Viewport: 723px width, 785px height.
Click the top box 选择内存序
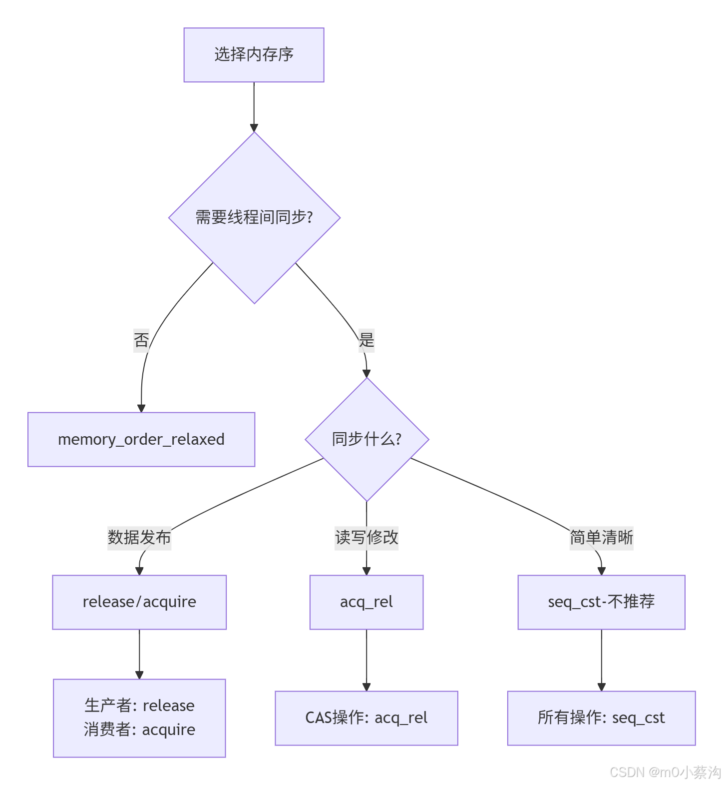[x=254, y=54]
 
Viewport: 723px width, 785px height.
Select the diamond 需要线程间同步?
[x=254, y=217]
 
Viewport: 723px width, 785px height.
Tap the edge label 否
[x=141, y=340]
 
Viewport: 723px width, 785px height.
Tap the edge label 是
[x=366, y=340]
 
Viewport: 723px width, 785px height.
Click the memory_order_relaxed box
[x=141, y=439]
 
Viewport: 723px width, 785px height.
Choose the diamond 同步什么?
[x=366, y=439]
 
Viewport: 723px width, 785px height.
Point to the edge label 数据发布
[x=139, y=538]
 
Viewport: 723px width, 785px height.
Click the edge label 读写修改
[x=366, y=538]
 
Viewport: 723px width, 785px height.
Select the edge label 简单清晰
[x=601, y=538]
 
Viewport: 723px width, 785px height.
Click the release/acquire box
[x=139, y=602]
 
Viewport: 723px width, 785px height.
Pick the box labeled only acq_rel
[x=366, y=602]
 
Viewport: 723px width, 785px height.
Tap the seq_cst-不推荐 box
[x=601, y=602]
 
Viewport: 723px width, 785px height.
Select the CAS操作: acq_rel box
[x=366, y=718]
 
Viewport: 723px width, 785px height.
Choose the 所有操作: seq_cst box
[x=601, y=718]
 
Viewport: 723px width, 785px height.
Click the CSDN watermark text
[x=665, y=772]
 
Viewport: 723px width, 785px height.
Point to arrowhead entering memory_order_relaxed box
[x=141, y=408]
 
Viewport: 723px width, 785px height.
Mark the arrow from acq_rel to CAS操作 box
[x=366, y=660]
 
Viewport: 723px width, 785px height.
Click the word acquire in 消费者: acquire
[x=169, y=730]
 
